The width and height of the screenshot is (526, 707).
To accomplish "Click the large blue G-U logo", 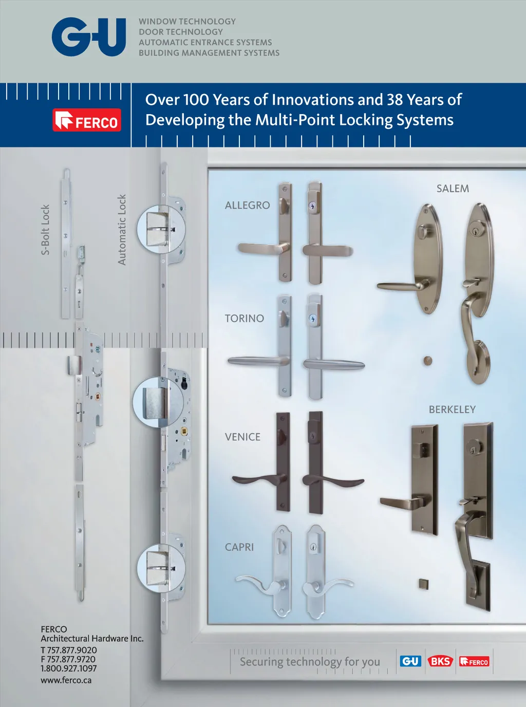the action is pyautogui.click(x=89, y=37).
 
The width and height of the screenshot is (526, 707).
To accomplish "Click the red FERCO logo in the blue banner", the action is pyautogui.click(x=87, y=120).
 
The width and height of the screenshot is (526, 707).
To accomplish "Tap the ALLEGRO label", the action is pyautogui.click(x=248, y=206).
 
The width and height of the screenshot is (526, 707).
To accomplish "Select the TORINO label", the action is pyautogui.click(x=245, y=318).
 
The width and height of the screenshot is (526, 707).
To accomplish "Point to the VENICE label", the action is pyautogui.click(x=242, y=437).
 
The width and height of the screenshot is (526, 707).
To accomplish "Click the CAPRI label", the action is pyautogui.click(x=239, y=547).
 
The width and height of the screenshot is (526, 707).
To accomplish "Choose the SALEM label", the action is pyautogui.click(x=453, y=189).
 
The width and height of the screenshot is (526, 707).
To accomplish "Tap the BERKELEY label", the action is pyautogui.click(x=452, y=410).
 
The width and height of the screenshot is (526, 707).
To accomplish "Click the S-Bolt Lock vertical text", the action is pyautogui.click(x=46, y=230).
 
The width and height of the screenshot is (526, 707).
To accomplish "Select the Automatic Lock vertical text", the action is pyautogui.click(x=122, y=230).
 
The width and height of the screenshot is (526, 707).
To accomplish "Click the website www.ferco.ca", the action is pyautogui.click(x=66, y=680).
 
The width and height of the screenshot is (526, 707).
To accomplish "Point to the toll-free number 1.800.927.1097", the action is pyautogui.click(x=68, y=668).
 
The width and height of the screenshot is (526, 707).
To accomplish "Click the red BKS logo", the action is pyautogui.click(x=440, y=661).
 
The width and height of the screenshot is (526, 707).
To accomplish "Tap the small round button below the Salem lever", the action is pyautogui.click(x=427, y=361).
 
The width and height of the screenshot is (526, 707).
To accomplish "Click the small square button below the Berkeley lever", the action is pyautogui.click(x=423, y=584).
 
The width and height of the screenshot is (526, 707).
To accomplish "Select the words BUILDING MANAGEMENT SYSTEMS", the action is pyautogui.click(x=209, y=53).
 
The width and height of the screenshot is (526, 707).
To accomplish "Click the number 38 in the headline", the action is pyautogui.click(x=395, y=100).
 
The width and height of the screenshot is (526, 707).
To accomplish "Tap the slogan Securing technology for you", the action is pyautogui.click(x=310, y=662).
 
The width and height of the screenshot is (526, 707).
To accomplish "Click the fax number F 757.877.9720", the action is pyautogui.click(x=68, y=659).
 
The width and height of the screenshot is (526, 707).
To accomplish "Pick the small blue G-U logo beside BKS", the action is pyautogui.click(x=410, y=661).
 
